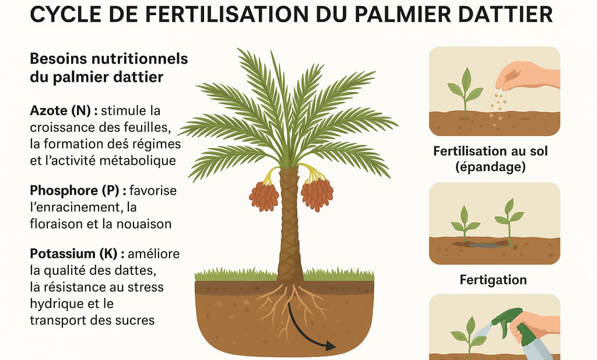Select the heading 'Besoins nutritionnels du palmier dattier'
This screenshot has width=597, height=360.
pyautogui.click(x=108, y=68)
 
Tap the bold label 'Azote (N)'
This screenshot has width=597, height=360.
pyautogui.click(x=61, y=110)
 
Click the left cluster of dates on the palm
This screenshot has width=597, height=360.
pyautogui.click(x=264, y=195)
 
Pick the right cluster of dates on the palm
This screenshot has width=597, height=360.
pyautogui.click(x=317, y=194)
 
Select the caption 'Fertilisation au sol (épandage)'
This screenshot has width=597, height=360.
pyautogui.click(x=490, y=159)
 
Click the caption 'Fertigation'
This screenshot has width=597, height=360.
pyautogui.click(x=493, y=280)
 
